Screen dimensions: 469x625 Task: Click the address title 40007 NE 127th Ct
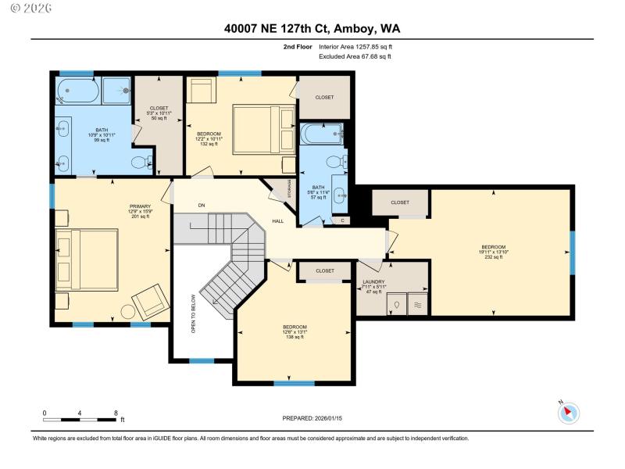pos(313,29)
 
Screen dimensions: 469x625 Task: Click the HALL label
pos(277,221)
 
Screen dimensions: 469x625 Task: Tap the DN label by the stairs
pos(201,205)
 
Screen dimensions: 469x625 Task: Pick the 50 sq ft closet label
pos(159,113)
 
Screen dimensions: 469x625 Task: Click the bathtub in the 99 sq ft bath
pos(77,91)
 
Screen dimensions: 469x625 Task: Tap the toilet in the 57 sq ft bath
pos(334,161)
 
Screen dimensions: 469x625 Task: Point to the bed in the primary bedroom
pos(87,258)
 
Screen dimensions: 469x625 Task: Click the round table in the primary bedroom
pos(128,311)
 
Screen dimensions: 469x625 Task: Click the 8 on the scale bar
pos(116,413)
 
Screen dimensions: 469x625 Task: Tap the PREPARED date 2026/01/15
pos(313,419)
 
